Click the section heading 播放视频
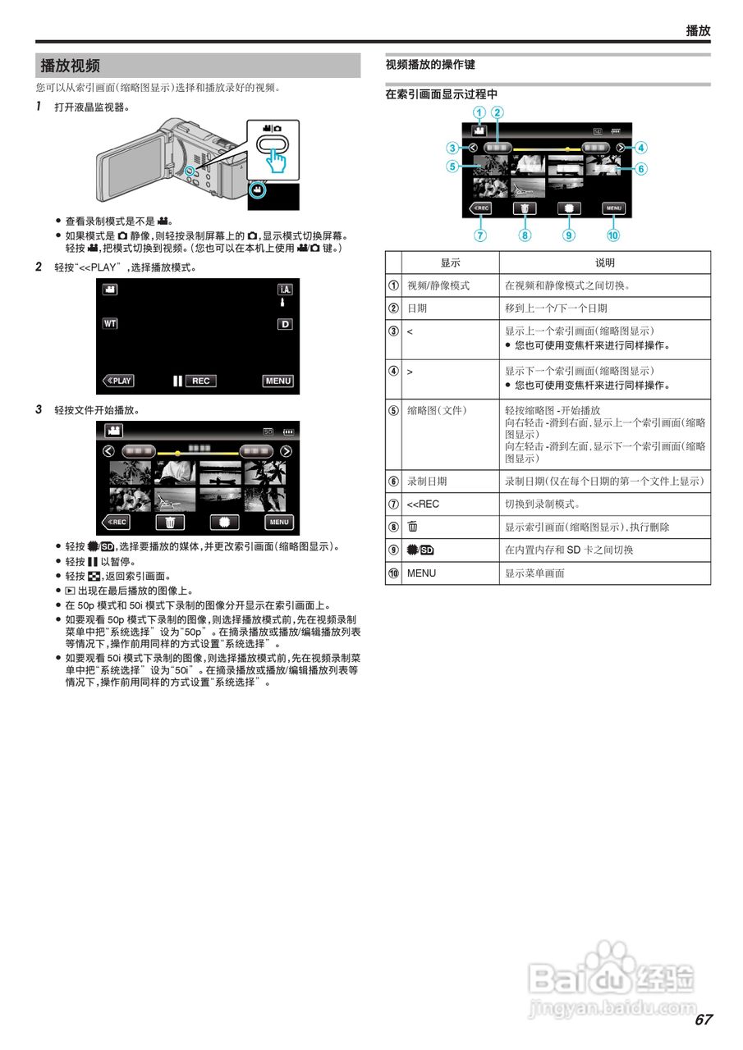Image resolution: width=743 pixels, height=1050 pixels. pos(71,66)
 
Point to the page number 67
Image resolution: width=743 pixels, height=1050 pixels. pos(703,1020)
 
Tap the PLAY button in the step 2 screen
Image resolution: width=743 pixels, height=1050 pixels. pos(118,381)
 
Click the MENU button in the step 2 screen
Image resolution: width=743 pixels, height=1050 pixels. pos(278,381)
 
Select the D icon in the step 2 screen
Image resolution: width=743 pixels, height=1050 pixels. pos(285,324)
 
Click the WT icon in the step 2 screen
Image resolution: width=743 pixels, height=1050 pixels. pos(110,323)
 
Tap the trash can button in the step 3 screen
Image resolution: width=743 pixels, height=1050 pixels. pos(170,522)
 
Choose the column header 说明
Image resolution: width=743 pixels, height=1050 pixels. pos(604,262)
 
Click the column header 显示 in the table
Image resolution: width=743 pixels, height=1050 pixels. pos(450,262)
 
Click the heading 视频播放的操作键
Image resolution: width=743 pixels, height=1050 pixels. pos(430,64)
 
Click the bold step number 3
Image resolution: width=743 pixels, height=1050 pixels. pos(39,409)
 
